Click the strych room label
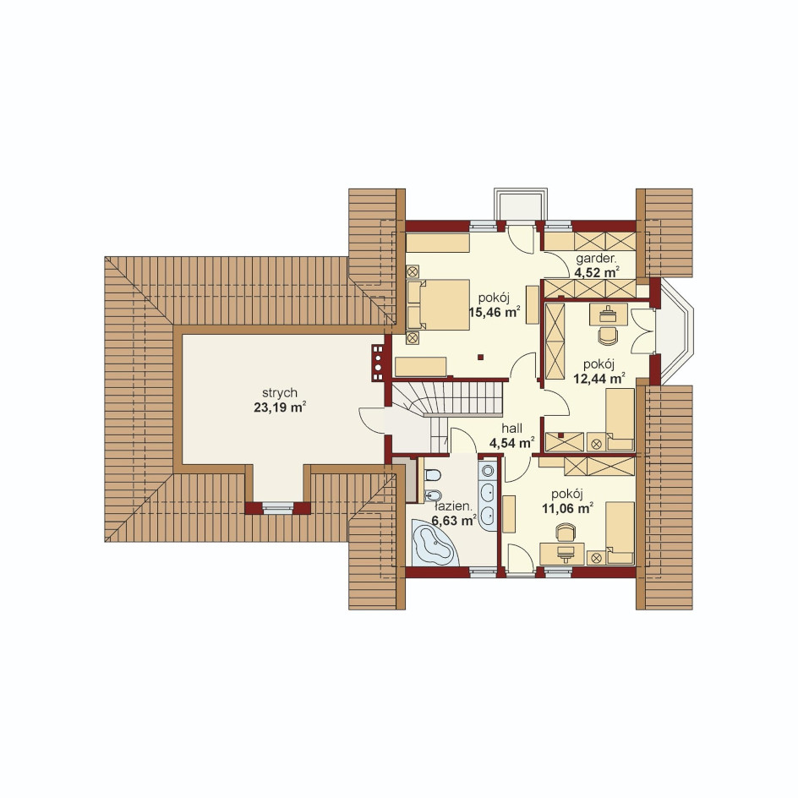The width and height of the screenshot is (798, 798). click(280, 393)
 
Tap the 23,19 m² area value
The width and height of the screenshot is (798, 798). click(280, 407)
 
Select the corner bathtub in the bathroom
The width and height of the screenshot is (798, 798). click(433, 543)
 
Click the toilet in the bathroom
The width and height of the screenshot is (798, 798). click(433, 476)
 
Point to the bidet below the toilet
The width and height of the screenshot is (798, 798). click(433, 495)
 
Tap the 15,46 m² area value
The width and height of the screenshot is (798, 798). click(495, 312)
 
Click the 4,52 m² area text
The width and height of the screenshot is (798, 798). click(597, 272)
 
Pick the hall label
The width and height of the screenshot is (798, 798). click(511, 429)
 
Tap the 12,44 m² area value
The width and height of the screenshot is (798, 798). click(599, 378)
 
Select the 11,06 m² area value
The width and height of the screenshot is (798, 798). click(567, 508)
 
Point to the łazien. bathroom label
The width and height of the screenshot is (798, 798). click(452, 507)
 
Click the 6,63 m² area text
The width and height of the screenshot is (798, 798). click(453, 521)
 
